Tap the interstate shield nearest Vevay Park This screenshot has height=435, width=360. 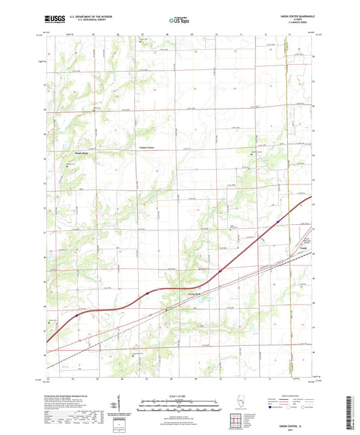[147, 294]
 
